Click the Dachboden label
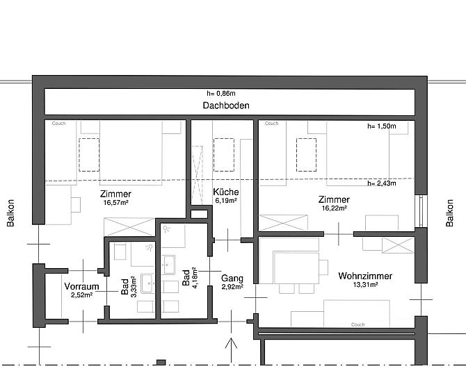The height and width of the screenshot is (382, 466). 226,106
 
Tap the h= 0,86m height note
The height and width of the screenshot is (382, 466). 221,93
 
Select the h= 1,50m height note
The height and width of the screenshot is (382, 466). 382,126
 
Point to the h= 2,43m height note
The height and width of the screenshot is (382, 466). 382,183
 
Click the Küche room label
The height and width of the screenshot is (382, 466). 226,192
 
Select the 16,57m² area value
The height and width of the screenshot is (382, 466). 115,203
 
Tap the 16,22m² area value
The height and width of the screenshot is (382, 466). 334,208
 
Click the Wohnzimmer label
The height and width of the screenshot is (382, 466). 365,276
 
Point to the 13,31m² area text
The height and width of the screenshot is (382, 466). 365,285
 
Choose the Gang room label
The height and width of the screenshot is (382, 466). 232,278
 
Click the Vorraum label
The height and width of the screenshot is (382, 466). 81,286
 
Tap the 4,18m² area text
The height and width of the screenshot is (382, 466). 195,278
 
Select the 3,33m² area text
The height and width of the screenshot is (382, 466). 134,287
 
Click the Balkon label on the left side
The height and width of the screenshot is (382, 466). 10,213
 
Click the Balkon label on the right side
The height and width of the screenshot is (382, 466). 449,213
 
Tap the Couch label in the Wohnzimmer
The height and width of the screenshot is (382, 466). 357,324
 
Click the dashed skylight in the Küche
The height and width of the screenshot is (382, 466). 224,155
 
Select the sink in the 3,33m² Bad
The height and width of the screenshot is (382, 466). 147,283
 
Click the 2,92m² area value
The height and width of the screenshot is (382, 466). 232,287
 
